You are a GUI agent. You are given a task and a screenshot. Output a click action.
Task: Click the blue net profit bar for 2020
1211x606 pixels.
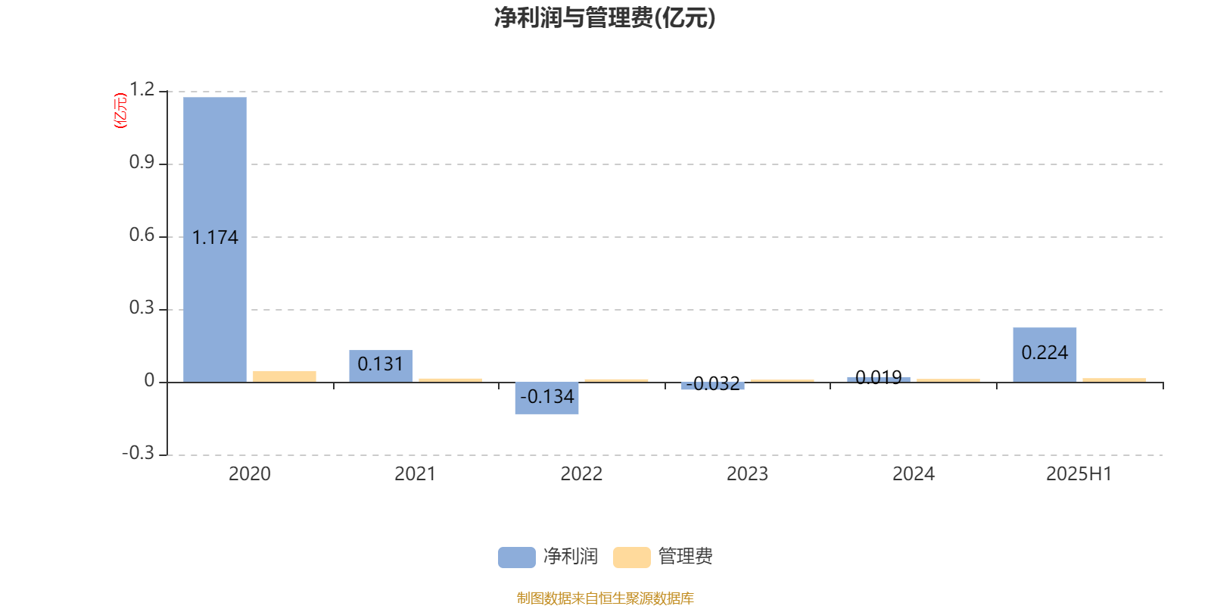(215, 239)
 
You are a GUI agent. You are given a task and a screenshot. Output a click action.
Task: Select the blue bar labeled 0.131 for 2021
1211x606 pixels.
(381, 367)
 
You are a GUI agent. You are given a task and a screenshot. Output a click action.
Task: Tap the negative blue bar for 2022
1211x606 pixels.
(546, 398)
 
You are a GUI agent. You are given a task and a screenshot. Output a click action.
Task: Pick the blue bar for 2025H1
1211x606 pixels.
(1044, 355)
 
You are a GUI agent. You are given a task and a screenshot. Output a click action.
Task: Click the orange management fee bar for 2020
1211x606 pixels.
(285, 376)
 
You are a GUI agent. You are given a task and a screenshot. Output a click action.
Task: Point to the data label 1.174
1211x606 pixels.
(215, 238)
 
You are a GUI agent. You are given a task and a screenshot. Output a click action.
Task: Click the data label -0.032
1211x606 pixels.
(713, 383)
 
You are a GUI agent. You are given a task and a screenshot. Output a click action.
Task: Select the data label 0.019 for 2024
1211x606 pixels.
(879, 377)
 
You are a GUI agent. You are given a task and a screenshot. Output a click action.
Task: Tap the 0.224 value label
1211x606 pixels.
(1044, 353)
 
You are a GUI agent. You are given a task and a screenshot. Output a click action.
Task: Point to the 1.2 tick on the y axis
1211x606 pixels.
(142, 89)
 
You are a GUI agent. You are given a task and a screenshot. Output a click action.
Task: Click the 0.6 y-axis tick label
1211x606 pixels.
(142, 235)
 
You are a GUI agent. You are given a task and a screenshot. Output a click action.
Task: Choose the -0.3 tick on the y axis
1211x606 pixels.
(139, 453)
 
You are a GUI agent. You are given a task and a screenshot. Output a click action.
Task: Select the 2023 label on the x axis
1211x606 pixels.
(747, 474)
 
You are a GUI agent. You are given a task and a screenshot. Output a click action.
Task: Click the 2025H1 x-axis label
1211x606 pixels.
(1079, 474)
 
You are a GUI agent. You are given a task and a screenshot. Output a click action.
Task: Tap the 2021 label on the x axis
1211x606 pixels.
(416, 474)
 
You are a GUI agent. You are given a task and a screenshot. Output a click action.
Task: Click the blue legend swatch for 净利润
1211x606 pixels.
(517, 558)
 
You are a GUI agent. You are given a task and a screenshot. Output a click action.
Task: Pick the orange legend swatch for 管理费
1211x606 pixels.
(631, 558)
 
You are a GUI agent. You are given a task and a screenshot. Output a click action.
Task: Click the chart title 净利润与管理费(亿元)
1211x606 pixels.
(605, 18)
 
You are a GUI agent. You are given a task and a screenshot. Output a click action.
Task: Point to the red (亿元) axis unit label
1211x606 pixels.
(120, 111)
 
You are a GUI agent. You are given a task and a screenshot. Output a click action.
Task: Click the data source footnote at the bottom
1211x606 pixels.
(605, 598)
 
